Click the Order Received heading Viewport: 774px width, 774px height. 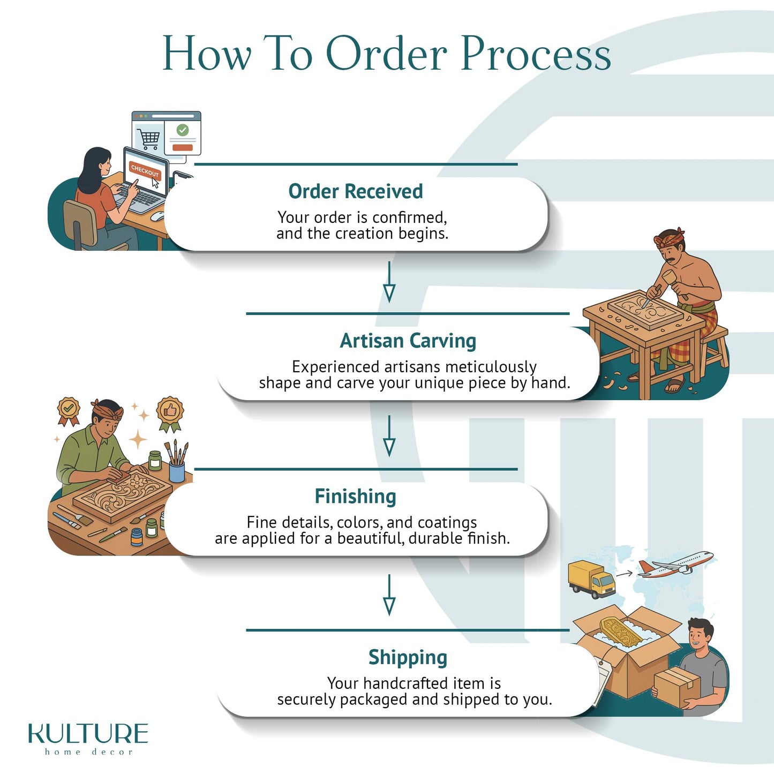(356, 191)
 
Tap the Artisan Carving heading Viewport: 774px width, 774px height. (408, 341)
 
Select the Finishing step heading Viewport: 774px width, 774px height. (356, 497)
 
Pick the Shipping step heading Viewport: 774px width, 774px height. (408, 658)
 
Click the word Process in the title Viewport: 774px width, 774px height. (536, 54)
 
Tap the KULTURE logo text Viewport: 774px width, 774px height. (88, 733)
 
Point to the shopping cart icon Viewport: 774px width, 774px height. (149, 139)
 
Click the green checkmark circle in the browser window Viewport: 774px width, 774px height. (183, 130)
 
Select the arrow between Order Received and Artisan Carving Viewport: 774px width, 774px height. (389, 282)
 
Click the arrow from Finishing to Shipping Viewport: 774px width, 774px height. (389, 595)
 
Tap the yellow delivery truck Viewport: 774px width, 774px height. (591, 580)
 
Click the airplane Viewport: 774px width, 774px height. (675, 565)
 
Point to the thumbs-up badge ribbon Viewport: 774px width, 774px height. (170, 415)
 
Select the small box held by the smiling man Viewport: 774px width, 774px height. (677, 687)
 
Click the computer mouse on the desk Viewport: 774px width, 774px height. (158, 216)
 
